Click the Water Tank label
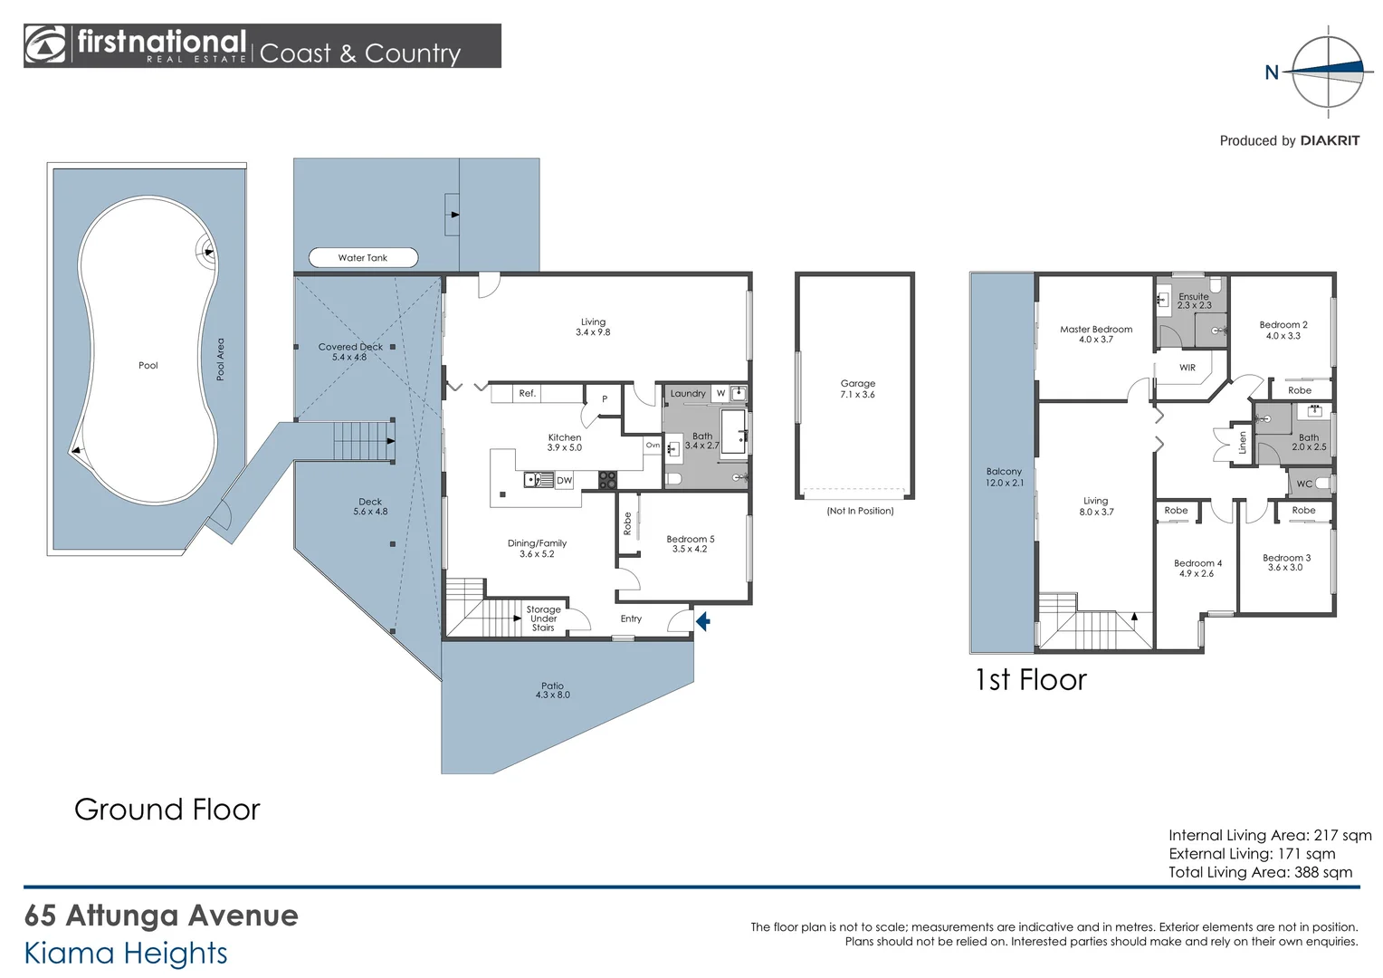(363, 258)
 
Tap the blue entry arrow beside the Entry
(702, 621)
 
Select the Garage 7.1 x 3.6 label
(857, 388)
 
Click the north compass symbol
(1327, 72)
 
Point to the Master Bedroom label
(1096, 334)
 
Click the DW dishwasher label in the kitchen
(564, 481)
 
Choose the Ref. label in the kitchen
(527, 394)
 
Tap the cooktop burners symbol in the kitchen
(607, 480)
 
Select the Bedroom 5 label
(690, 543)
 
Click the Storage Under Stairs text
(543, 618)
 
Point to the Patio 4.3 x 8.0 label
(552, 690)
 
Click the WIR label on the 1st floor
(1187, 368)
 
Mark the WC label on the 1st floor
(1303, 484)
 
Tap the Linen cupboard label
(1243, 443)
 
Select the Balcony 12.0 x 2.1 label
(1004, 477)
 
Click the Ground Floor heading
(167, 809)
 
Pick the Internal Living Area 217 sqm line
(1269, 835)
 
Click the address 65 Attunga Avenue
(161, 916)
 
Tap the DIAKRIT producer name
(1329, 140)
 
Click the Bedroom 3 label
(1285, 562)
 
